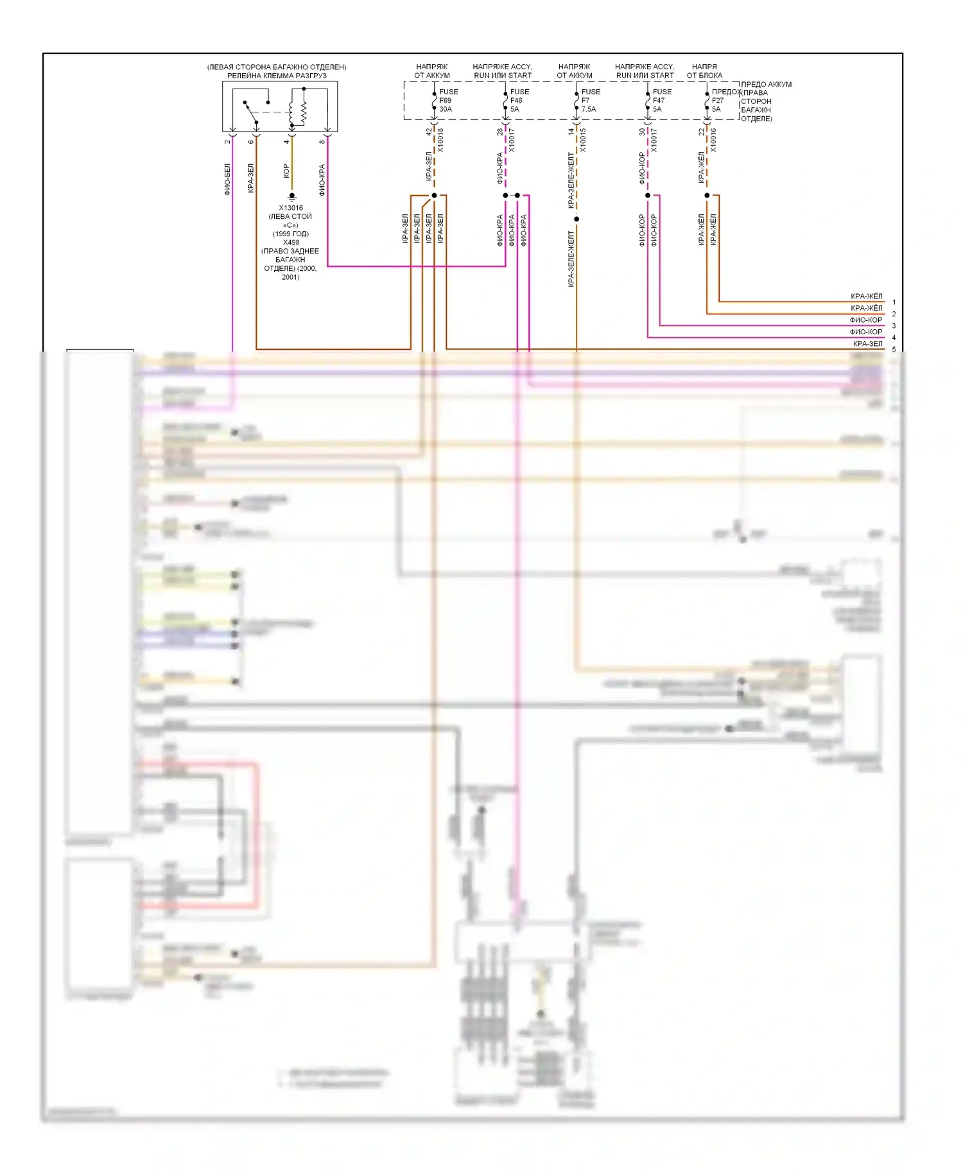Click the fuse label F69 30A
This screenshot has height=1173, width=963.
tap(447, 101)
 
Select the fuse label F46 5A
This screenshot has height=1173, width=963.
tap(519, 101)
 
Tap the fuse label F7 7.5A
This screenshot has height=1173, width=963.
tap(589, 101)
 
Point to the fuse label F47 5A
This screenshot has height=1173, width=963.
tap(661, 101)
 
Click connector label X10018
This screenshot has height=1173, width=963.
tap(440, 141)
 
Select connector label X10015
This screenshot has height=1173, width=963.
tap(583, 141)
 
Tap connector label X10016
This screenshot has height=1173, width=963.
tap(713, 141)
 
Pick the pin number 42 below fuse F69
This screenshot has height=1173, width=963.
tap(429, 132)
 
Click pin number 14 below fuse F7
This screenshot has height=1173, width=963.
tap(571, 132)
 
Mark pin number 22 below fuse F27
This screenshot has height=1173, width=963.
tap(702, 132)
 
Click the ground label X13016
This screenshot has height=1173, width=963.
tap(291, 208)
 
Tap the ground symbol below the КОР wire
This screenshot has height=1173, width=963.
tap(292, 197)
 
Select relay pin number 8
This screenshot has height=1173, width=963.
tap(322, 141)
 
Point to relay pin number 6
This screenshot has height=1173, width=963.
tap(250, 141)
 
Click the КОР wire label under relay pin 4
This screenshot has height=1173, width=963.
tap(286, 171)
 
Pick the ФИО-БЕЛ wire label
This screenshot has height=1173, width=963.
tap(227, 179)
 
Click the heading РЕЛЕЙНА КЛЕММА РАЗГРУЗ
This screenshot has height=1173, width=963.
tap(277, 76)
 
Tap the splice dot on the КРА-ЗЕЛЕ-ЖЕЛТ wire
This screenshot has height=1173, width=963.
tap(577, 219)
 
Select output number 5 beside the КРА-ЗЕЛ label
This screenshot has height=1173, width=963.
tap(894, 350)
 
